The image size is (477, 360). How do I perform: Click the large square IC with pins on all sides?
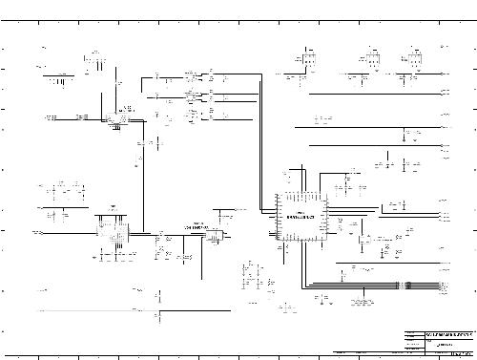pyautogui.click(x=301, y=217)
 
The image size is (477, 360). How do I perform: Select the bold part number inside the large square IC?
pyautogui.click(x=301, y=217)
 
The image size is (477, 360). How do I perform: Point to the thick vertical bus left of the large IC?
pyautogui.click(x=259, y=143)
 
